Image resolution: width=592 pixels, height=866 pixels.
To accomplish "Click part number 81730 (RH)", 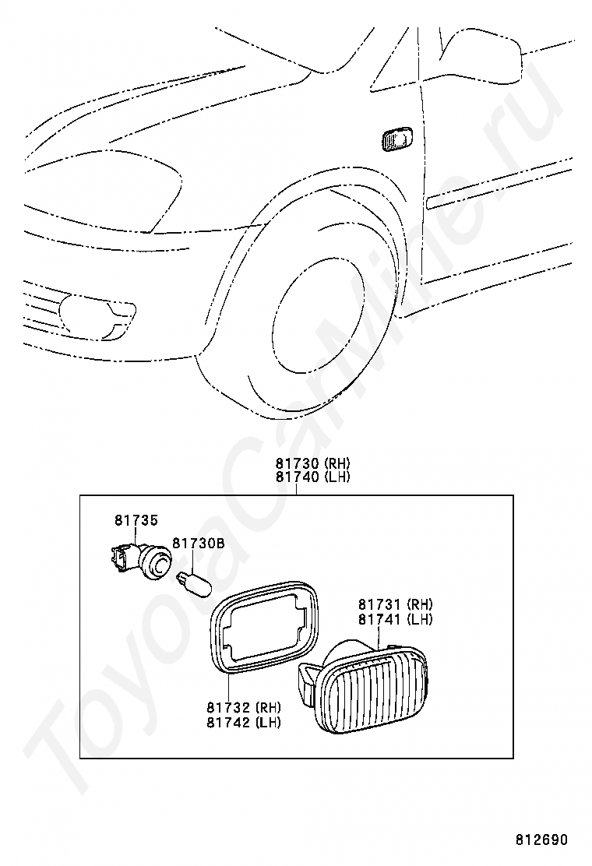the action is [313, 463].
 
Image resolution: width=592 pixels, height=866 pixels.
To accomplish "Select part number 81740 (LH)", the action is [313, 477].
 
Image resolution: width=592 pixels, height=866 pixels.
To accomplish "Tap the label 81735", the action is [136, 519].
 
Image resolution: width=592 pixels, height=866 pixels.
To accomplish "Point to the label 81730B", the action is [199, 544].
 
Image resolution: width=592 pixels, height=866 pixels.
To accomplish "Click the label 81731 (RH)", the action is [396, 604].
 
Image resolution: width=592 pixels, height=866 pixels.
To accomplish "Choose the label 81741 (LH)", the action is [396, 619].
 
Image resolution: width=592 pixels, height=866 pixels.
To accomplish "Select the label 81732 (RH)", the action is [244, 707].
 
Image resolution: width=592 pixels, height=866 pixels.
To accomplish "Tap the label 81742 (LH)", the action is [244, 722].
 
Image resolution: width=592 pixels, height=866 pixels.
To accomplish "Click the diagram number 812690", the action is [541, 840].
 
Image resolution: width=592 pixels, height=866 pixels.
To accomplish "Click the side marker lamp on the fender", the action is [396, 139].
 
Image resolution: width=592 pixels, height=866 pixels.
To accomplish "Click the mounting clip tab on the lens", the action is [307, 684].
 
